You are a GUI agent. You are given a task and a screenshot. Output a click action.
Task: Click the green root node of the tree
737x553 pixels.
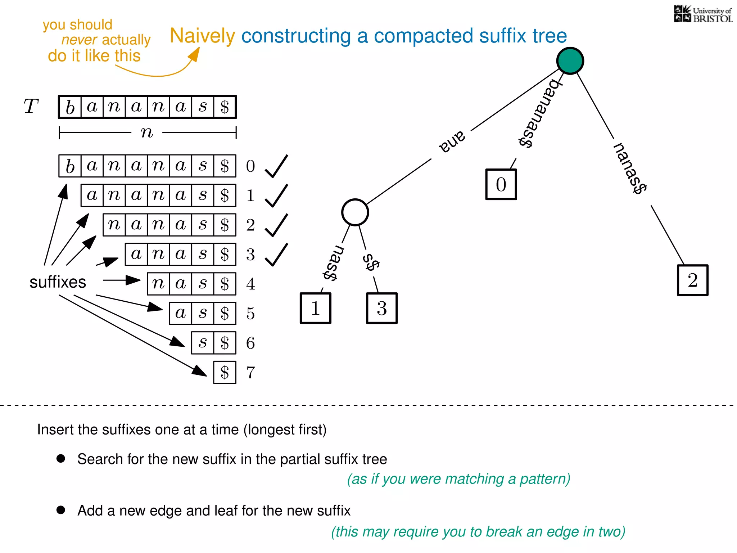(570, 61)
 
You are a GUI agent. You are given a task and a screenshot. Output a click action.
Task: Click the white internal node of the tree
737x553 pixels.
(355, 212)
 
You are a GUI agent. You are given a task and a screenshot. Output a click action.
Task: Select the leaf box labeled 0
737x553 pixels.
(501, 184)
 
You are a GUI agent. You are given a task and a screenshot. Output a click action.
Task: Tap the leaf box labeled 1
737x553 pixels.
(315, 308)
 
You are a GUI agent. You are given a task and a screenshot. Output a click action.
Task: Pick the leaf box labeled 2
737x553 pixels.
(692, 280)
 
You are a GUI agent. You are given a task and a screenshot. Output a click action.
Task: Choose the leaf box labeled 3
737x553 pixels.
(382, 308)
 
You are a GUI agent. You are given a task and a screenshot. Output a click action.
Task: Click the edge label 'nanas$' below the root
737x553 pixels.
(630, 168)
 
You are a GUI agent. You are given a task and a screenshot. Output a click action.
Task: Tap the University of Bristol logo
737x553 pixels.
(703, 14)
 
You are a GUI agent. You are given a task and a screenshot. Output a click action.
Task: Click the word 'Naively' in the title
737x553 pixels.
(202, 36)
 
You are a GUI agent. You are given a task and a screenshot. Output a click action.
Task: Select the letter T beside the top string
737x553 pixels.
(31, 107)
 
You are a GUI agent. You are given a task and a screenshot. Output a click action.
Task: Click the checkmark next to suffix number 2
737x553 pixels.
(276, 225)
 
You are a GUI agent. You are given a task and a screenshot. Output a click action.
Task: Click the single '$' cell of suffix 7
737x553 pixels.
(225, 372)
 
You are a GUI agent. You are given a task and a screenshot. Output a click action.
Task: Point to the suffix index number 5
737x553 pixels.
(250, 314)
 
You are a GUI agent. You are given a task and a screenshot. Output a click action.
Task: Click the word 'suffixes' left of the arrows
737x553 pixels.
(58, 282)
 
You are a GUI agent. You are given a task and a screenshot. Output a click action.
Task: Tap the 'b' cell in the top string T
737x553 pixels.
(70, 107)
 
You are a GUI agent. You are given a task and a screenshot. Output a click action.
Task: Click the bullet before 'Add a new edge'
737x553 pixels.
(61, 510)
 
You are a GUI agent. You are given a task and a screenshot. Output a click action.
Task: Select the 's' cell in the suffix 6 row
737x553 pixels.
(203, 343)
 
